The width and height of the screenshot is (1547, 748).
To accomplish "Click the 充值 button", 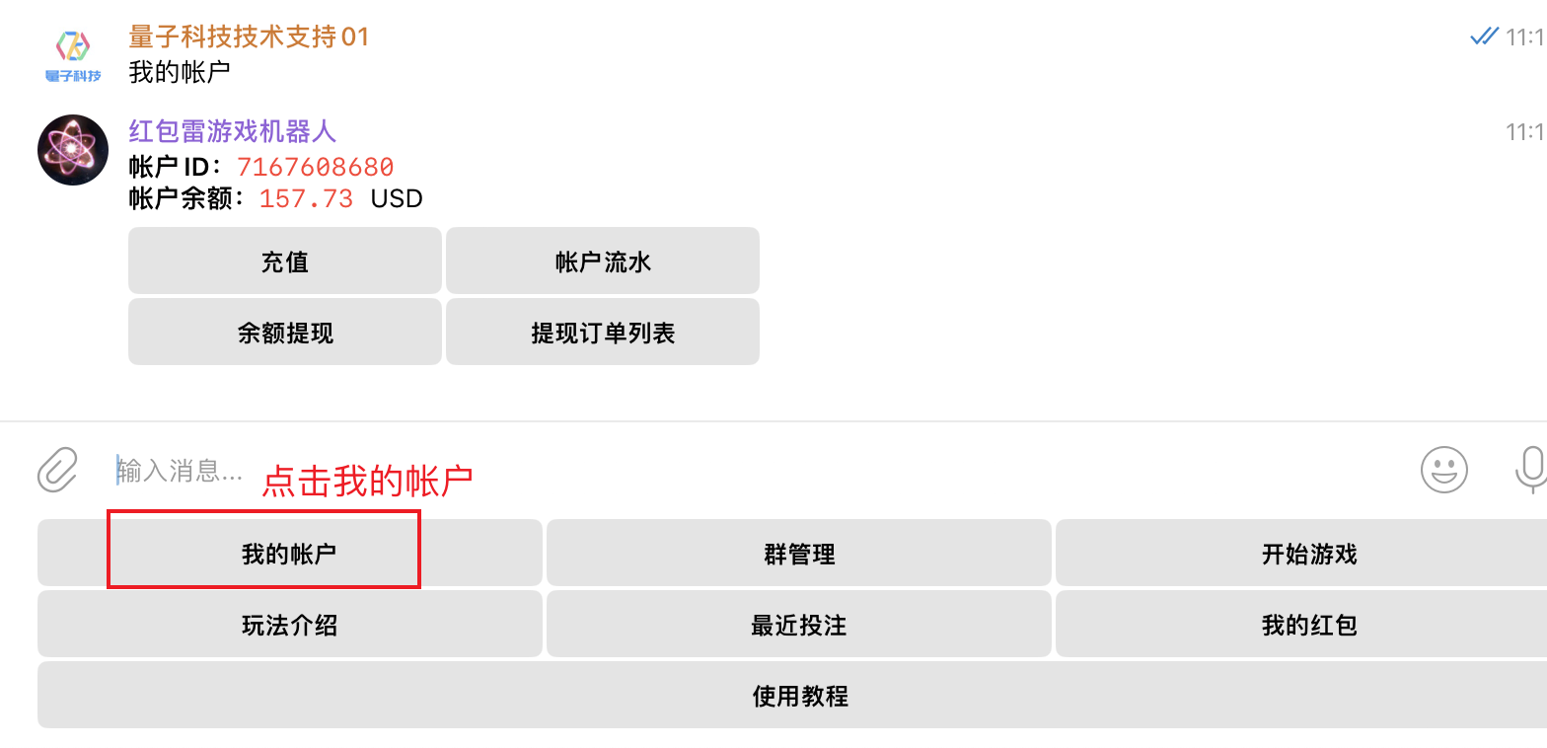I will tap(284, 262).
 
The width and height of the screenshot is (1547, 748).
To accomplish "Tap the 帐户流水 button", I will tap(603, 262).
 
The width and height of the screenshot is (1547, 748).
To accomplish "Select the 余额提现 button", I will tap(284, 333).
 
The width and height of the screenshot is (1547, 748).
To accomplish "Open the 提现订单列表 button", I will tap(603, 333).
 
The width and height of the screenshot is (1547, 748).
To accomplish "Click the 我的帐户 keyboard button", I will tap(289, 554).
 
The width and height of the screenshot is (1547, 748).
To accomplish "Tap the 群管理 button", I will tap(799, 554).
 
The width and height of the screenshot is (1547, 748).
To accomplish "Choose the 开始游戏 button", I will tap(1308, 554).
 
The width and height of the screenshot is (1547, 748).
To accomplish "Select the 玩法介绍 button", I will tap(289, 625).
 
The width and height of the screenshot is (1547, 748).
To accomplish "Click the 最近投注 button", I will tap(799, 625).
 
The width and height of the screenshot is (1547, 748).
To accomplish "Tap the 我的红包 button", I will tap(1308, 625).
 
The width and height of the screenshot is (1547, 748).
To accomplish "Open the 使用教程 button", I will tap(799, 696).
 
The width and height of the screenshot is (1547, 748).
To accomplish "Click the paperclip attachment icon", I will tap(57, 470).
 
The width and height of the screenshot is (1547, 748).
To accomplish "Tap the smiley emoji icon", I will tap(1443, 470).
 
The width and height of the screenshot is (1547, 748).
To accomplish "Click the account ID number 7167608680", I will tap(315, 167).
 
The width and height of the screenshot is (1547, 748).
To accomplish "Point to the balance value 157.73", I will tap(306, 198).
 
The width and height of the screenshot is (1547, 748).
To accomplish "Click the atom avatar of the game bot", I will tap(72, 150).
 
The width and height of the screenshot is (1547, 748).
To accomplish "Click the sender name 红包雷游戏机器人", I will tap(232, 131).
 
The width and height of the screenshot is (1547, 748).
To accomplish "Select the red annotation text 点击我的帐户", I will tap(367, 481).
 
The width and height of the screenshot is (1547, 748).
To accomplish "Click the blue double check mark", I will tap(1484, 37).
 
